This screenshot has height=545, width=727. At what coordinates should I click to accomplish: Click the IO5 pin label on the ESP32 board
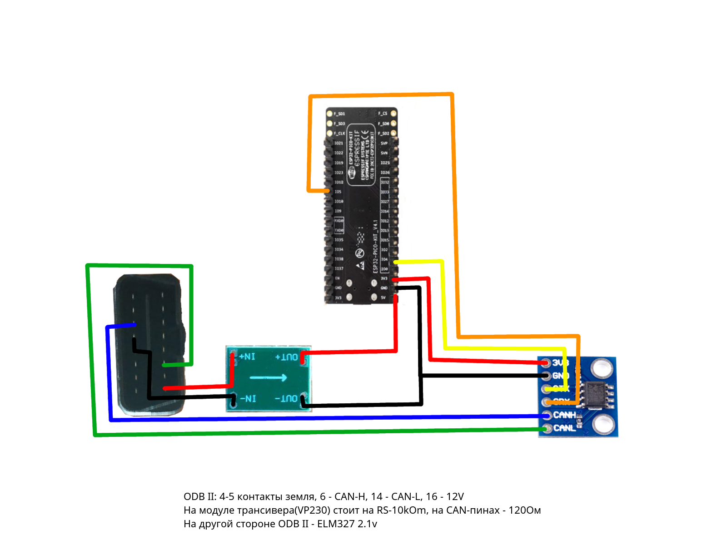point(338,192)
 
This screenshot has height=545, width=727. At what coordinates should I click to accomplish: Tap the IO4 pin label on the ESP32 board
point(384,259)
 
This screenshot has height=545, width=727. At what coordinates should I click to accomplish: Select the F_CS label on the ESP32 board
point(383,114)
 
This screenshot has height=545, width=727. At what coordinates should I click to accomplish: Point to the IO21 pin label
point(339,143)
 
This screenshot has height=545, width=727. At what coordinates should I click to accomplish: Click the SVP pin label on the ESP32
point(384,143)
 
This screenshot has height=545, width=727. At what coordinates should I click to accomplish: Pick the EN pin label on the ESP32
point(338,278)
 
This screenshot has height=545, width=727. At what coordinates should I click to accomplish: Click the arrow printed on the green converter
point(269,377)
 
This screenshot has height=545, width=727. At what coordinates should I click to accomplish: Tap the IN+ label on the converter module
point(247,357)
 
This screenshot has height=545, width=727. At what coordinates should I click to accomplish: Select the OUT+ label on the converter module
point(287,357)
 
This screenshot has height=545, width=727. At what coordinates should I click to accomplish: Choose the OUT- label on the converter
point(287,398)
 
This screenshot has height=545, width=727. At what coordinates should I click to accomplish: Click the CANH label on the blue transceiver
point(564,415)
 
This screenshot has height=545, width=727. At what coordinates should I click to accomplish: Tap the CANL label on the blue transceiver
point(564,428)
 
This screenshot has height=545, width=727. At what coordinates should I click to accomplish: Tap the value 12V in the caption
point(455,497)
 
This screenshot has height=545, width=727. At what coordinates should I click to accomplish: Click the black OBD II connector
point(149,345)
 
